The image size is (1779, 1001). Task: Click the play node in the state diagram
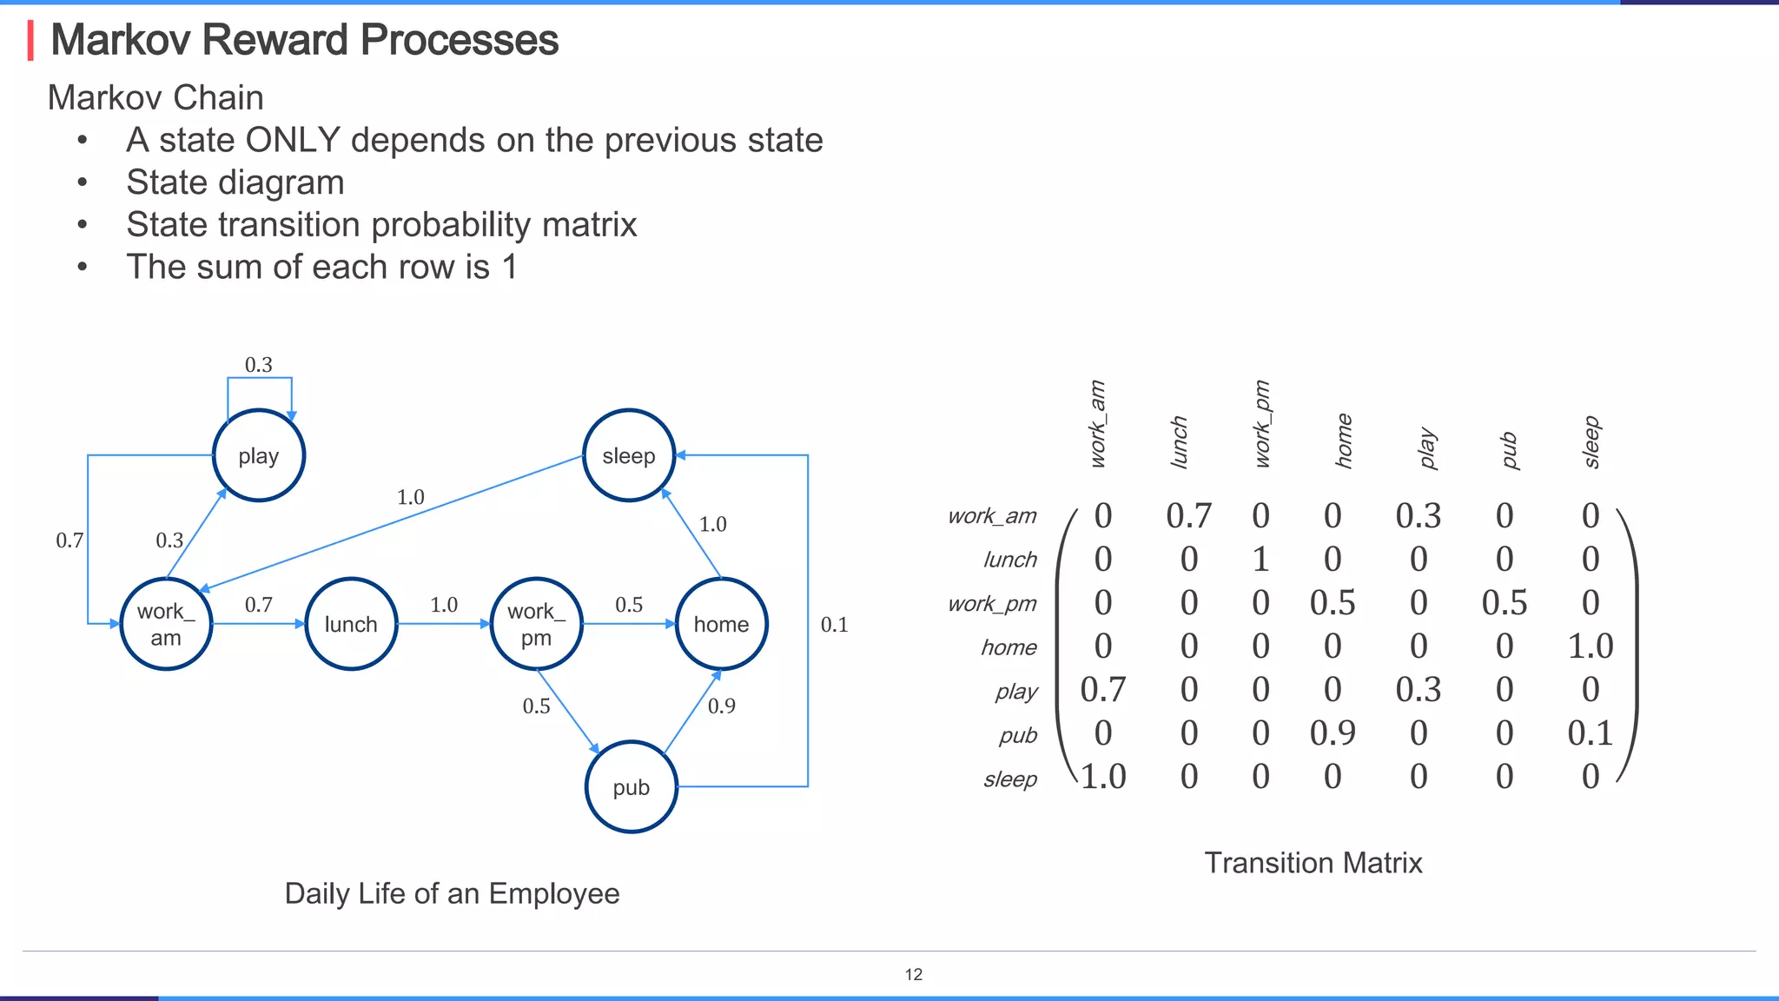[x=258, y=455]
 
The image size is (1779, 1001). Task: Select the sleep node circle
[x=628, y=455]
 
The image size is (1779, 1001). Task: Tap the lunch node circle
[x=351, y=624]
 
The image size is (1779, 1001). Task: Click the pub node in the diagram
[x=631, y=787]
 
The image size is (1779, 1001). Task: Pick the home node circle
[x=721, y=624]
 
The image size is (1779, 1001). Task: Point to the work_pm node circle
[x=536, y=624]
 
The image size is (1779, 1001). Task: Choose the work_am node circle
[x=166, y=624]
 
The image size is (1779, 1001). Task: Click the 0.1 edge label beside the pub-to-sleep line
[x=834, y=625]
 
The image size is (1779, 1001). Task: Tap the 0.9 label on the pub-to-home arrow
[x=721, y=706]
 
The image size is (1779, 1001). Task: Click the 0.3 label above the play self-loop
[x=258, y=365]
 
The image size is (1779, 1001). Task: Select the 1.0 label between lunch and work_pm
[x=443, y=605]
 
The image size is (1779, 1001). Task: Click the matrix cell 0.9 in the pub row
[x=1333, y=733]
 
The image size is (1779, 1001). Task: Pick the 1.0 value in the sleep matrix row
[x=1103, y=777]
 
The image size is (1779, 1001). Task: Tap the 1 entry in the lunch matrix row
[x=1260, y=560]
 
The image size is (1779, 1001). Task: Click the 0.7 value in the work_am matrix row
[x=1188, y=516]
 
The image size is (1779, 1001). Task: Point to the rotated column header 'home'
[x=1344, y=441]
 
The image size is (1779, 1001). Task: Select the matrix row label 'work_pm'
[x=992, y=604]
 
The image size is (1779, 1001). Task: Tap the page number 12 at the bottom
[x=914, y=974]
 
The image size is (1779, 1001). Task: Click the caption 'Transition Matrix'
[x=1313, y=863]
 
